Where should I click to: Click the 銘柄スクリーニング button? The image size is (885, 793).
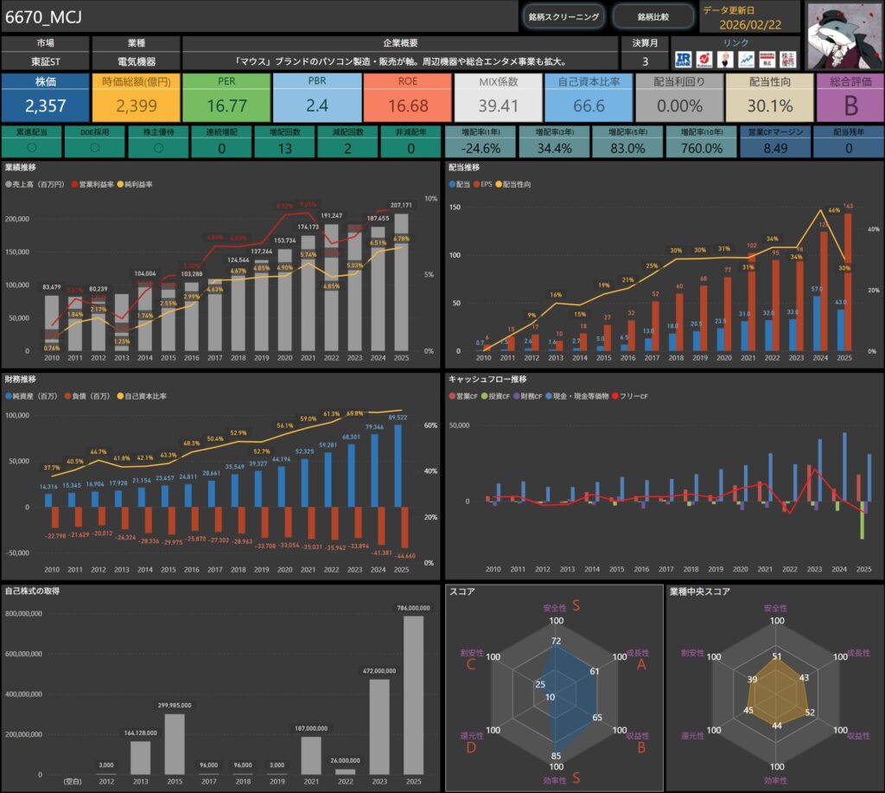pyautogui.click(x=563, y=16)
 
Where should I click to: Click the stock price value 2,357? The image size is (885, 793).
pyautogui.click(x=45, y=106)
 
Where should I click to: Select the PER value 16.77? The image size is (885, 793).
pyautogui.click(x=226, y=106)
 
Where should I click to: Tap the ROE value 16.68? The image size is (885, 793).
pyautogui.click(x=408, y=106)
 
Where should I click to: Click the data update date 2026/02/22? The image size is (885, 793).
pyautogui.click(x=750, y=24)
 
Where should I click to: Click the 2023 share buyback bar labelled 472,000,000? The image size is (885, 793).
pyautogui.click(x=379, y=726)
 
